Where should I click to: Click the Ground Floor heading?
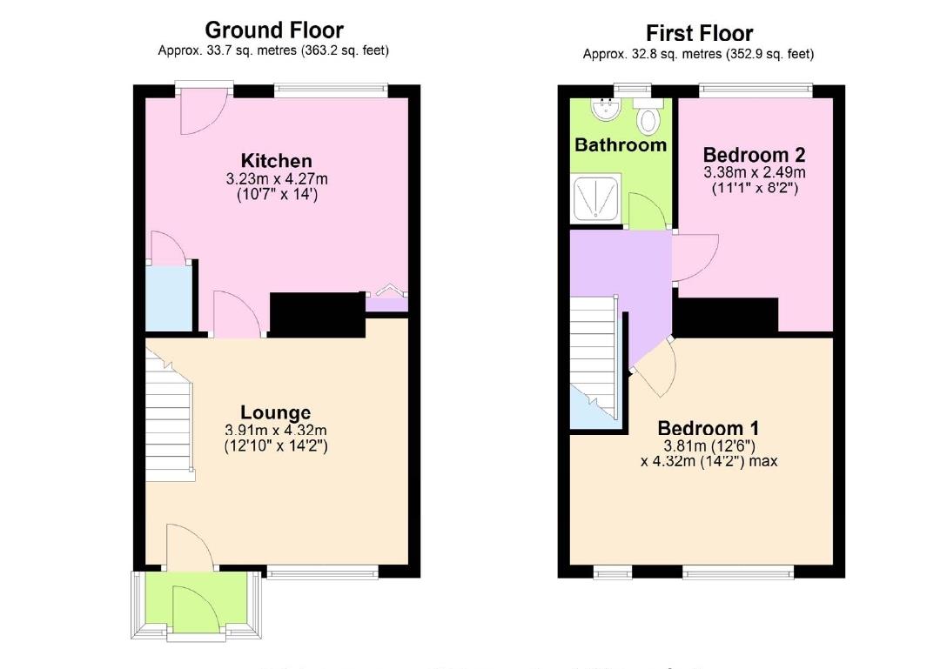[x=274, y=30]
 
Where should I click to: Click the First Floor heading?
[x=699, y=33]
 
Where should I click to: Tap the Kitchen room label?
[x=276, y=161]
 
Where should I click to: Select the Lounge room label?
[x=276, y=412]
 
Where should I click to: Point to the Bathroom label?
[x=621, y=145]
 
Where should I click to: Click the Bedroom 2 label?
[x=754, y=155]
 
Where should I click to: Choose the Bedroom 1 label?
[x=708, y=428]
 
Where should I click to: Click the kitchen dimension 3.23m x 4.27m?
[x=276, y=179]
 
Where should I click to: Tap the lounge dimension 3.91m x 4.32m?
[x=276, y=431]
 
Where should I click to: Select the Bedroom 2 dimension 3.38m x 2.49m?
[x=754, y=172]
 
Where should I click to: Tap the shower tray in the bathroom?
[x=596, y=197]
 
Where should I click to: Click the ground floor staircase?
[x=170, y=416]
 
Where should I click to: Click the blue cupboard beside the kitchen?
[x=169, y=299]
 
